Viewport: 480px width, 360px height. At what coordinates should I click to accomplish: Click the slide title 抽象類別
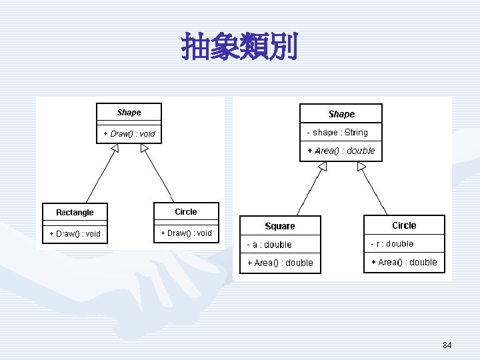tap(239, 46)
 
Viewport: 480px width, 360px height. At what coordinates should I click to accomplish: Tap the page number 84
tap(447, 345)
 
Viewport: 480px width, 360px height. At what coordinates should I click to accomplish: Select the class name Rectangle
tap(75, 212)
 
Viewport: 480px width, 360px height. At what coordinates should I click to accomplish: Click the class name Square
tap(280, 226)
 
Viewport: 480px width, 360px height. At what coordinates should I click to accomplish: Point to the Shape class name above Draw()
tap(129, 113)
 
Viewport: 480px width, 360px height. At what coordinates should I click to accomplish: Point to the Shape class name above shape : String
tap(341, 114)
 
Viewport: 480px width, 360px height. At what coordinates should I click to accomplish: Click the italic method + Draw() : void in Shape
tap(129, 134)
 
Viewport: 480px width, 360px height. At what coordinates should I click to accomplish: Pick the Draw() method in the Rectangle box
tap(75, 234)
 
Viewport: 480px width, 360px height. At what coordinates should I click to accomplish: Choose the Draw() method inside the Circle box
tap(187, 233)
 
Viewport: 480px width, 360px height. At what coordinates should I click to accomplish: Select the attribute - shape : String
tap(337, 132)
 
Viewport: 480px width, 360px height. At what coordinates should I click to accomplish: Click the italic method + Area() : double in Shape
tap(341, 151)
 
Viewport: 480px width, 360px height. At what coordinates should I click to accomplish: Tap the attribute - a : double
tap(269, 245)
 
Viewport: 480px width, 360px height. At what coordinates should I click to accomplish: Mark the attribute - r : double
tap(392, 244)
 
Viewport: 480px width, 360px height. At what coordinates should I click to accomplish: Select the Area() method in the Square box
tap(281, 263)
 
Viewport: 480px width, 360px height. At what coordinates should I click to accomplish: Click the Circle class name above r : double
tap(404, 225)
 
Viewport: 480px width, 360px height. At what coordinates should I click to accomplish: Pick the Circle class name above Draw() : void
tap(186, 212)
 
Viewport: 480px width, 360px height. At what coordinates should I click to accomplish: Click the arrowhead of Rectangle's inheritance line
tap(115, 148)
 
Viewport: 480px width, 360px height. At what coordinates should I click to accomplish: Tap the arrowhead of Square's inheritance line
tap(323, 166)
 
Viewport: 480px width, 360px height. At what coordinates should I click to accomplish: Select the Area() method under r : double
tap(404, 262)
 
